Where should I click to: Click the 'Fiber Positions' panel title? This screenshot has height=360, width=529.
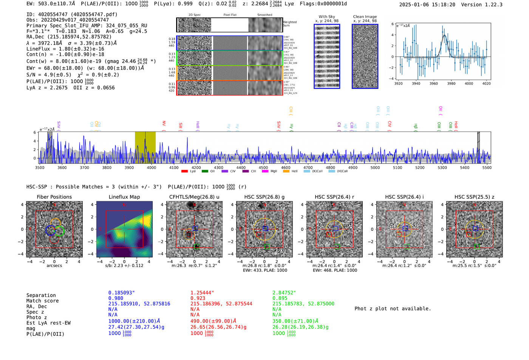tap(54, 197)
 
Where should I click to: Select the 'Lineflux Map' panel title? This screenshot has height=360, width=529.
tap(124, 197)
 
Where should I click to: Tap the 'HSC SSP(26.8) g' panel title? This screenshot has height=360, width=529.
tap(264, 197)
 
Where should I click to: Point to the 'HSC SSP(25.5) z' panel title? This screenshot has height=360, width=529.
tap(474, 197)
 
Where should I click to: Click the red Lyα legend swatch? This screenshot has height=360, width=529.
tap(184, 171)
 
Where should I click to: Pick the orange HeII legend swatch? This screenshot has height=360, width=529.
tap(286, 171)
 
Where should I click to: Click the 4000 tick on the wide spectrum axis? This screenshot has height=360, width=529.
tap(151, 167)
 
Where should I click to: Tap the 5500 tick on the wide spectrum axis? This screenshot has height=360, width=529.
tap(487, 167)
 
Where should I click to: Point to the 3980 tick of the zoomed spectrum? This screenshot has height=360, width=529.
tap(451, 83)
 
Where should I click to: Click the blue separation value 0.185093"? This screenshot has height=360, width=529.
tap(122, 293)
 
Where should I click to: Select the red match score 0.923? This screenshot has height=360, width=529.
tap(198, 298)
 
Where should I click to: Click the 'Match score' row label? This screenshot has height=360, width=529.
tap(42, 301)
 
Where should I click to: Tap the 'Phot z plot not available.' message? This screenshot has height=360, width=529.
tap(393, 309)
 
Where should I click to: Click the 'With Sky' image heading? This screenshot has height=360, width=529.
tap(327, 17)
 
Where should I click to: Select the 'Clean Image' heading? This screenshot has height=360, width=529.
tap(365, 17)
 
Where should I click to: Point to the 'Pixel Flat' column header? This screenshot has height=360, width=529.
tap(230, 15)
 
